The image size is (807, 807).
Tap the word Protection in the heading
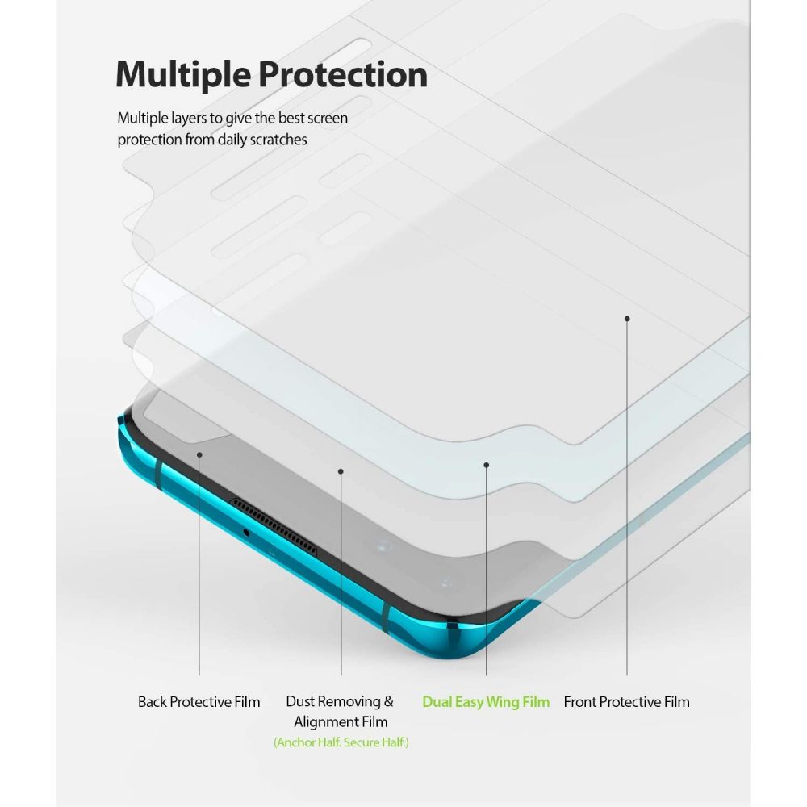pos(343,74)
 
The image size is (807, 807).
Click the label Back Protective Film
pos(199,702)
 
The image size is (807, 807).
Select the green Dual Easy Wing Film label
pos(486,702)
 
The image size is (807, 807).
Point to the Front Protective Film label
pos(626,702)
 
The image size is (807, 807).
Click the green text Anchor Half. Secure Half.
pos(341,742)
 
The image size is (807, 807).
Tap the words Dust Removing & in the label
pos(340,701)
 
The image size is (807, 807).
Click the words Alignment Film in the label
pos(341,722)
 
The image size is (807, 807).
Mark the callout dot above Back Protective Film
pos(199,454)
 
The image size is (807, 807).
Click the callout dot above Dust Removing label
pos(341,471)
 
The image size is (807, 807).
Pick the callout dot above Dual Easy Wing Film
pos(487,466)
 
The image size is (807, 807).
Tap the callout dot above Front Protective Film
pos(627,319)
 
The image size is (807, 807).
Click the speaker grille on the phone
pos(274,527)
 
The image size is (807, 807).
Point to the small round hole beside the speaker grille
pos(246,533)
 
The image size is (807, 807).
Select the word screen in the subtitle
pos(325,119)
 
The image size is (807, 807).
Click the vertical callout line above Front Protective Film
pos(627,497)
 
